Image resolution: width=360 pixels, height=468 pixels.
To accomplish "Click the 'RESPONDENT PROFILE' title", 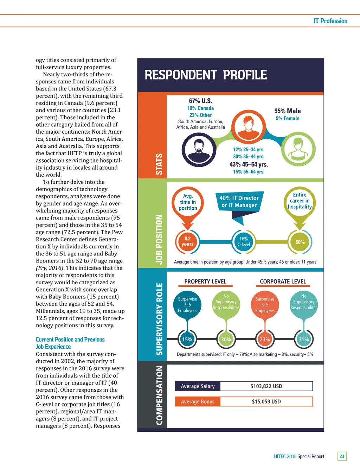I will (206, 75).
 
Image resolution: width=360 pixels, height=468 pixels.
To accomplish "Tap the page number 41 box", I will (342, 456).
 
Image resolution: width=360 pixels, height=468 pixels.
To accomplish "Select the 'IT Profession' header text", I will (330, 21).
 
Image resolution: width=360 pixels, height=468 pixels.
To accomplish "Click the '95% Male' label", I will (287, 111).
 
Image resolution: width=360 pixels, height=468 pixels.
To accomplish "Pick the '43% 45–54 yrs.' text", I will (249, 164).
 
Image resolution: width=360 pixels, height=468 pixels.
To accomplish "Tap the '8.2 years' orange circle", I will (187, 241).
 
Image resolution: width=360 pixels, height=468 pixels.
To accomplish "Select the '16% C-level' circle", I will (244, 241).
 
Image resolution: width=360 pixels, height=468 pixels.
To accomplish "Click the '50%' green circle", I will (300, 242).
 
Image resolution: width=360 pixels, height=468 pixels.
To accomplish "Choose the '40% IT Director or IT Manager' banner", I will (239, 202).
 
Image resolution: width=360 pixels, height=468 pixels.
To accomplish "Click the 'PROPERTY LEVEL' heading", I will (205, 282).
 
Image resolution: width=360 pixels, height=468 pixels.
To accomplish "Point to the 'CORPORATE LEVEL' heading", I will (283, 282).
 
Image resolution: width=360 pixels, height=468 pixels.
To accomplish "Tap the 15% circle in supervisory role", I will (187, 340).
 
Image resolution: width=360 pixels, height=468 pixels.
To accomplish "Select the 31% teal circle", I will (303, 340).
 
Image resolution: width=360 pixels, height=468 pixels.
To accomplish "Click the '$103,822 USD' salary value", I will (266, 386).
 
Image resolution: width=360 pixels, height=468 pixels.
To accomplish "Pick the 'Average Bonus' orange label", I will (198, 401).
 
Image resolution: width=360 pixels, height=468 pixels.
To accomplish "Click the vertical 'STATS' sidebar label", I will (159, 164).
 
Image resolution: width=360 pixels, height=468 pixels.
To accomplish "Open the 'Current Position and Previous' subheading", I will (70, 340).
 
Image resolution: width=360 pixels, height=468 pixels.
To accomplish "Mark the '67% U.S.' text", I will (200, 101).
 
